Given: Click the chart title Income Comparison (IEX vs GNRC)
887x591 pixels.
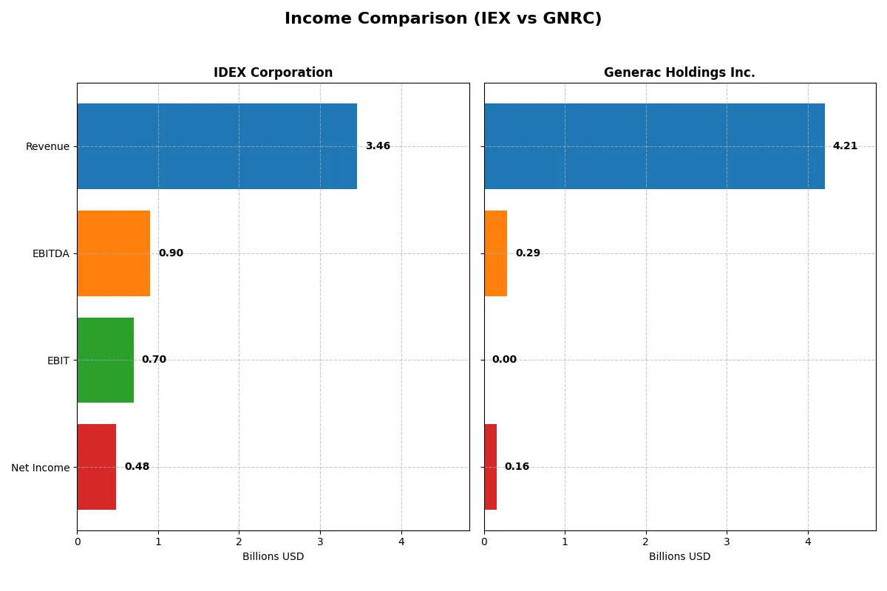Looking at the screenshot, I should click(443, 19).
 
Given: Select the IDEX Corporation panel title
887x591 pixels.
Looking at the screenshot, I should click(273, 72).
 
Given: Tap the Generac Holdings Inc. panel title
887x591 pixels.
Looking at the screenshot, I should click(679, 72).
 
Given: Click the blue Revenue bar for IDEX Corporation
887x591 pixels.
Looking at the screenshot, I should click(217, 146).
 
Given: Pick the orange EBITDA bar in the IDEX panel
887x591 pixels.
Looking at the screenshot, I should click(113, 253).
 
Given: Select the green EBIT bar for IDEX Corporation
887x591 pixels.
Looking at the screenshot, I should click(105, 361).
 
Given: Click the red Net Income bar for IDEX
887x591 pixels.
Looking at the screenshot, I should click(96, 467).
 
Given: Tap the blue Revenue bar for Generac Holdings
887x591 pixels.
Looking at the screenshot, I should click(654, 146).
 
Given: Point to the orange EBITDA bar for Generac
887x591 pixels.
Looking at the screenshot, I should click(495, 253).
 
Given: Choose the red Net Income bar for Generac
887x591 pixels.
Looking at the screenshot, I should click(490, 467).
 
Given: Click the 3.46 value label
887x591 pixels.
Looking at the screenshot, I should click(378, 146).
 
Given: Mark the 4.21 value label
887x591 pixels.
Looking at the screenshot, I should click(845, 146).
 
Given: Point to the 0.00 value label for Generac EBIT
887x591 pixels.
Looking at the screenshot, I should click(504, 360).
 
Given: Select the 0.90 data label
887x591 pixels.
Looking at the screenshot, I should click(171, 253).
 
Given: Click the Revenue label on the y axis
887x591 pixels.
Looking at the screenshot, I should click(47, 146).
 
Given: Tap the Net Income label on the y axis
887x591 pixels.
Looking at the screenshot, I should click(40, 468).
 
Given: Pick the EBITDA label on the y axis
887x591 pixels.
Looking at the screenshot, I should click(50, 253).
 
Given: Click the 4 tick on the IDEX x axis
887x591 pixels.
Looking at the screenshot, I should click(401, 542).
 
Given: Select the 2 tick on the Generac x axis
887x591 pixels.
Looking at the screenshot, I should click(646, 542).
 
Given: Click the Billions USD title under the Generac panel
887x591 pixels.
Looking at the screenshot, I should click(679, 557).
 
